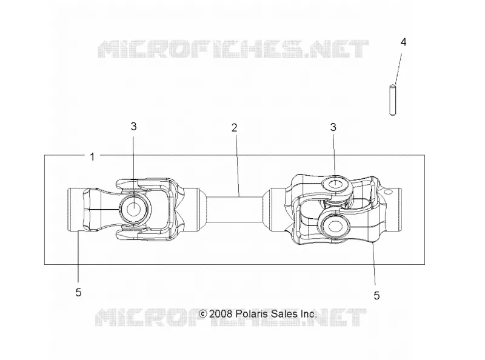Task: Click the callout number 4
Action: coord(403,42)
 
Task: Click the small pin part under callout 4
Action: coord(392,100)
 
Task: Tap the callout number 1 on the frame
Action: coord(92,157)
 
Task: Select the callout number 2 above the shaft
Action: coord(235,127)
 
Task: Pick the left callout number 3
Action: coord(133,126)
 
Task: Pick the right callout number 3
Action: coord(333,127)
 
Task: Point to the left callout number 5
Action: coord(78,292)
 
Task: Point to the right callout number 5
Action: coord(376,296)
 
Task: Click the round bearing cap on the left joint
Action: coord(134,209)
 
